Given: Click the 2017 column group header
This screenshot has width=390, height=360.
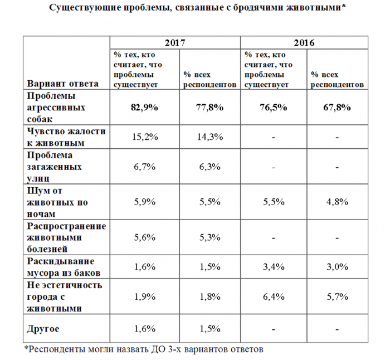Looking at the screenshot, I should coord(174,42).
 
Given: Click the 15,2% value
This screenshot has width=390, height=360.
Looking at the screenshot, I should coord(144,137).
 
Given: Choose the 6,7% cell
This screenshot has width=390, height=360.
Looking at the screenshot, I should coord(144,167).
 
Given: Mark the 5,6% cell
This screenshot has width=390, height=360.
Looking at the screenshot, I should coord(144,237).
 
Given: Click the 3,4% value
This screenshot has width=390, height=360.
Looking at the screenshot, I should coord(274,267).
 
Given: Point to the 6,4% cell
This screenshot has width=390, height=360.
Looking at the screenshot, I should coord(274,296).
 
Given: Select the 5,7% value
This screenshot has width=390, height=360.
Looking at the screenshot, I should coord(338,296).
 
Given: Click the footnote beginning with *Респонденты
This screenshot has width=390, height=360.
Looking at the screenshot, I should coord(143,349).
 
